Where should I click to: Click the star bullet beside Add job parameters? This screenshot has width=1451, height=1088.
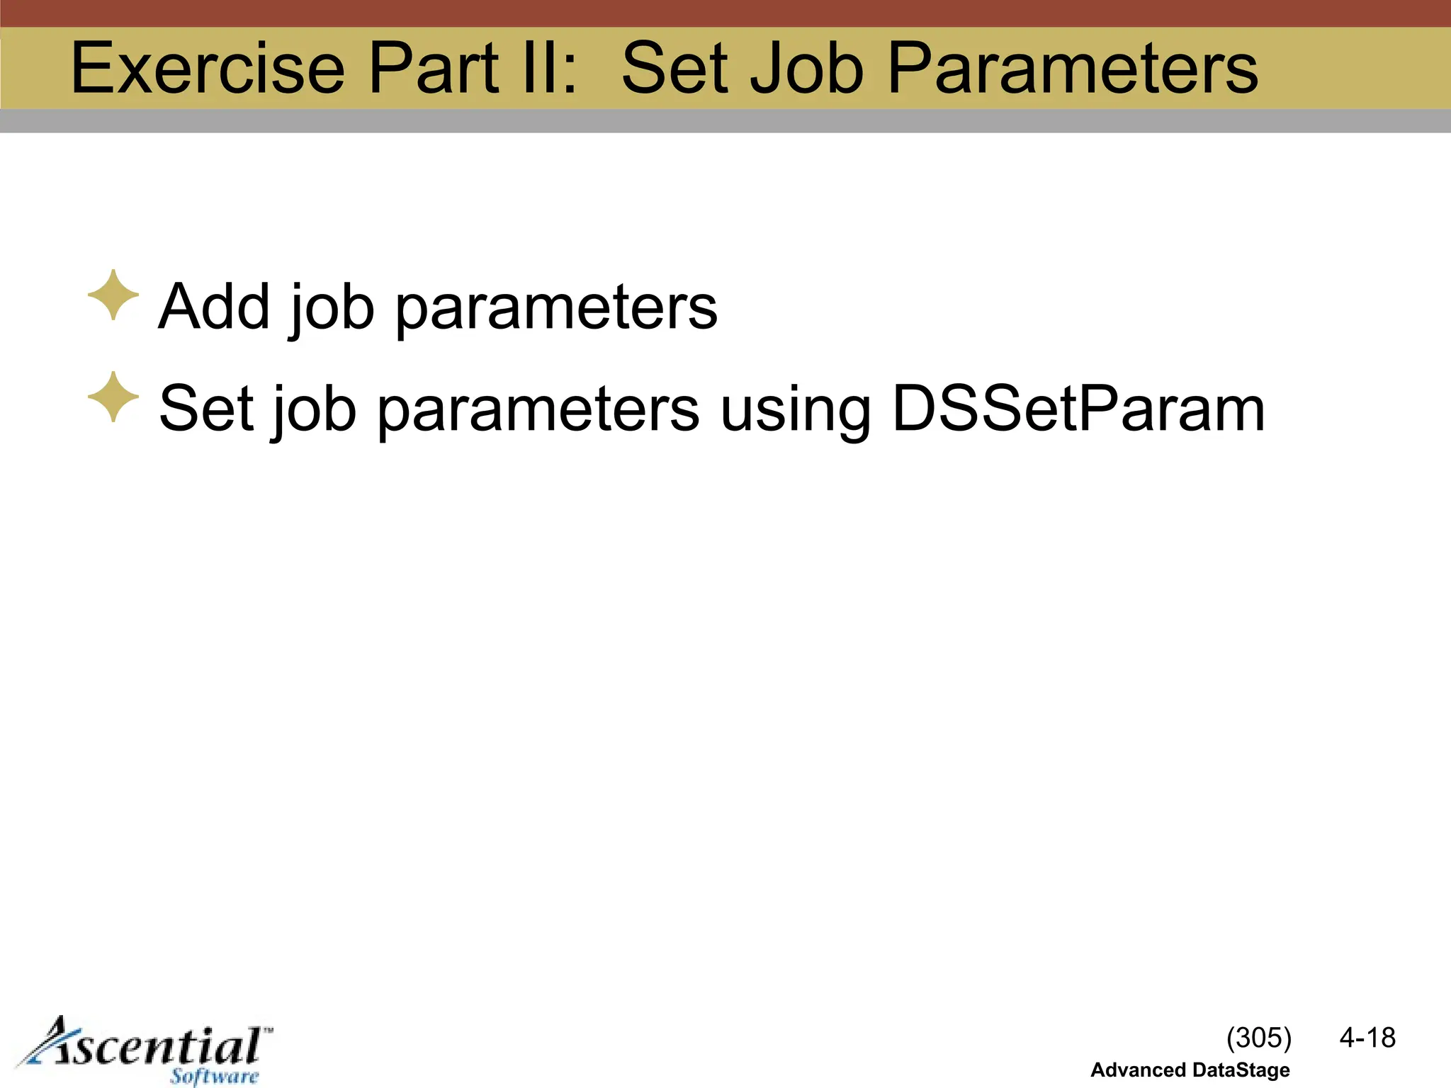click(113, 295)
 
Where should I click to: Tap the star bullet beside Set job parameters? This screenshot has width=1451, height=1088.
click(113, 397)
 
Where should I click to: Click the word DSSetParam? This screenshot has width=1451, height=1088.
click(1078, 409)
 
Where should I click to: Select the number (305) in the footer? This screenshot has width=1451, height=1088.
click(1258, 1038)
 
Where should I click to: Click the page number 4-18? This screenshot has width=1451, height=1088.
click(1367, 1038)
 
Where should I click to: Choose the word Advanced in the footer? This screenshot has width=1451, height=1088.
click(1138, 1070)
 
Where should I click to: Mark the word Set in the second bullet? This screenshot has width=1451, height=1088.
click(206, 409)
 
